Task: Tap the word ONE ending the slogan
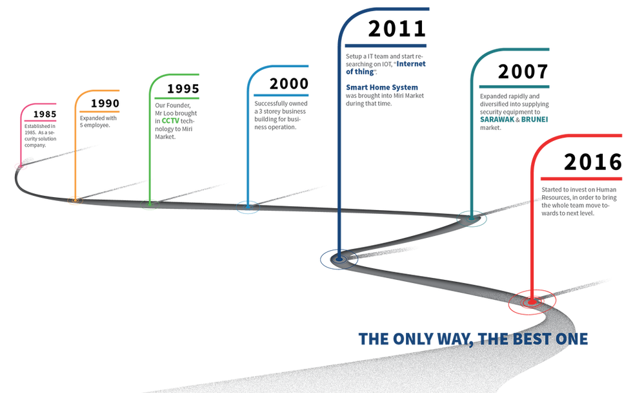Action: tap(572, 338)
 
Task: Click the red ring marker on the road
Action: tap(531, 302)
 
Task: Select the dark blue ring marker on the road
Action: tap(339, 259)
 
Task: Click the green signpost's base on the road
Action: tap(150, 204)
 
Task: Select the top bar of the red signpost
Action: tap(584, 135)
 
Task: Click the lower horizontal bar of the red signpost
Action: tap(581, 178)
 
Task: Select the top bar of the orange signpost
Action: tap(100, 90)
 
